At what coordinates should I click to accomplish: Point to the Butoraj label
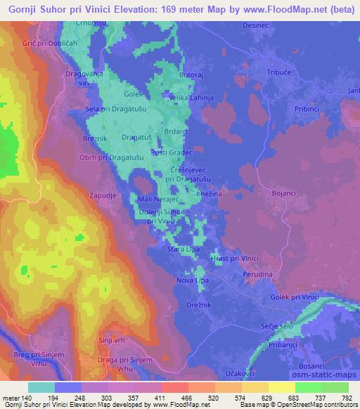(192, 74)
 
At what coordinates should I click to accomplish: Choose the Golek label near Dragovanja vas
(134, 93)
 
